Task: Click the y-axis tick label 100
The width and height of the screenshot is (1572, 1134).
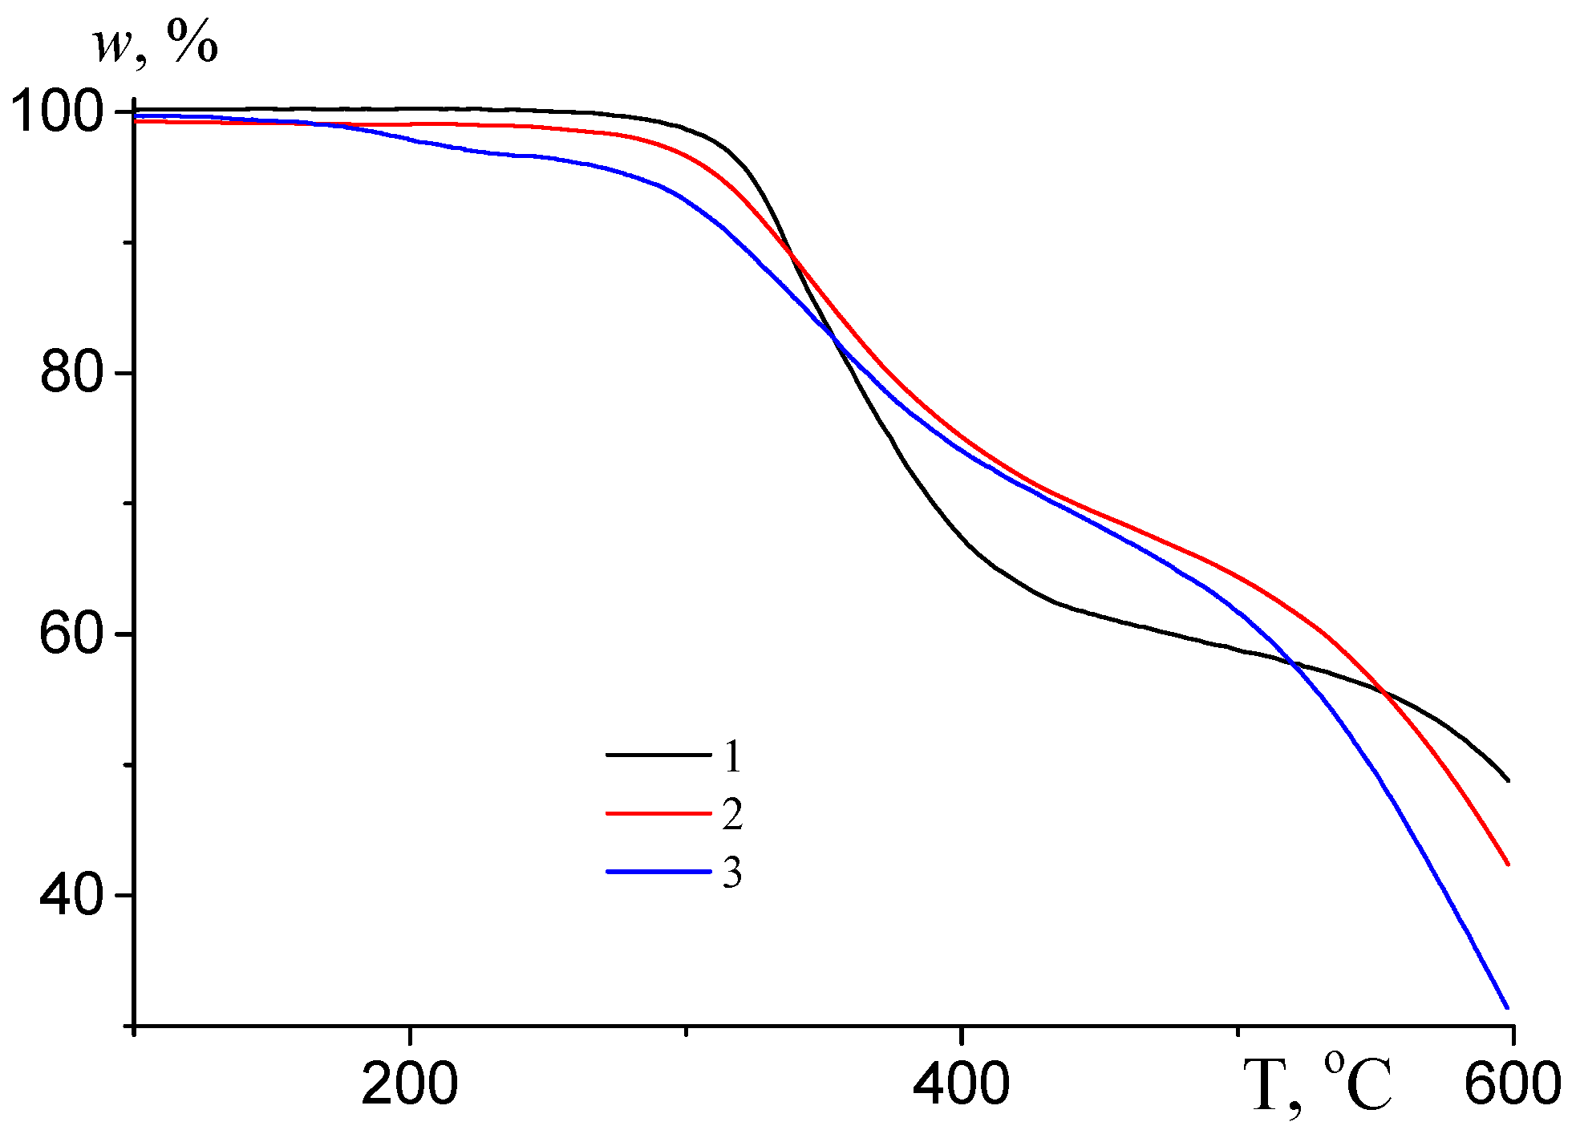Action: (x=56, y=113)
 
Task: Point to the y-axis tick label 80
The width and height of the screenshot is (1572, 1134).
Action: (x=72, y=373)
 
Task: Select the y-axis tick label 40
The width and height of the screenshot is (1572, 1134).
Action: (x=72, y=895)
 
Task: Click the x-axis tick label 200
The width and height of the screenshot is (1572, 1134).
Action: (x=410, y=1085)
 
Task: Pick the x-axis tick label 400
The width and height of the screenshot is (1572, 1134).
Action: (x=961, y=1085)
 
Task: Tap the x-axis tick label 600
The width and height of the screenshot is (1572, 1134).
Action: (x=1512, y=1085)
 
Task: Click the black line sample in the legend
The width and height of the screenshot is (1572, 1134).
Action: (x=658, y=755)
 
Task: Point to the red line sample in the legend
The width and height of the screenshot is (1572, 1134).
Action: (x=658, y=813)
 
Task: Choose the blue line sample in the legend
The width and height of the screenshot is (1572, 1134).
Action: (x=658, y=872)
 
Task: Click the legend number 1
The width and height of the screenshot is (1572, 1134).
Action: (x=731, y=756)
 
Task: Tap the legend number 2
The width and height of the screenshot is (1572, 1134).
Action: (x=731, y=814)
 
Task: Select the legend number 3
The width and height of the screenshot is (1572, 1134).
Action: (x=731, y=873)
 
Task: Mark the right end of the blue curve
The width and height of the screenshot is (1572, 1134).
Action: (x=1508, y=1007)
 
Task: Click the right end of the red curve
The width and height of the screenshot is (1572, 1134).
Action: (x=1508, y=865)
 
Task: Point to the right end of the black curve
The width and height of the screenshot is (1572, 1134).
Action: (x=1508, y=780)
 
